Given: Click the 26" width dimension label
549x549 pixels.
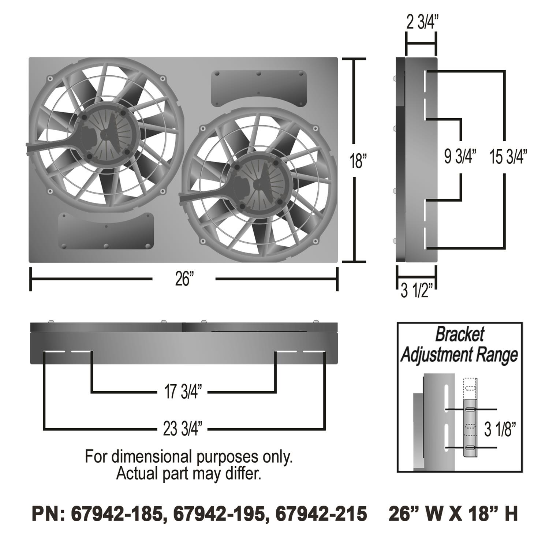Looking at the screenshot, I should (x=184, y=279).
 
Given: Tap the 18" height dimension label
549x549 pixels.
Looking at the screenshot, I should (x=358, y=161).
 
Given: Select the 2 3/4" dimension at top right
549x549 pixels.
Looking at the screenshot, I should (x=421, y=23).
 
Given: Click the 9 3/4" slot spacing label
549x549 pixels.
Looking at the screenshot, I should (x=460, y=157).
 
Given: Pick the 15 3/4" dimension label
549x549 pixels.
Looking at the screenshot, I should (x=508, y=157).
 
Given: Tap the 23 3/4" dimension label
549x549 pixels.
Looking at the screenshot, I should (x=182, y=429).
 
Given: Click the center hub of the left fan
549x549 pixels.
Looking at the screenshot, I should (x=106, y=135).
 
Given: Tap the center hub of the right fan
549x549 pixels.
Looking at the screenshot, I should (x=259, y=185).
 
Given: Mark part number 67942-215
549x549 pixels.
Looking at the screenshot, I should (x=321, y=514).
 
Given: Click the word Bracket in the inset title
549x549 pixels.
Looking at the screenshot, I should (x=459, y=334).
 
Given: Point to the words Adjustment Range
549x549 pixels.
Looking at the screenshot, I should (x=459, y=354).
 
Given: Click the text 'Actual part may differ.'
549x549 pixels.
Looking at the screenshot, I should (x=188, y=474).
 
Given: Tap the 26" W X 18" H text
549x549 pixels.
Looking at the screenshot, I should (x=453, y=514).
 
